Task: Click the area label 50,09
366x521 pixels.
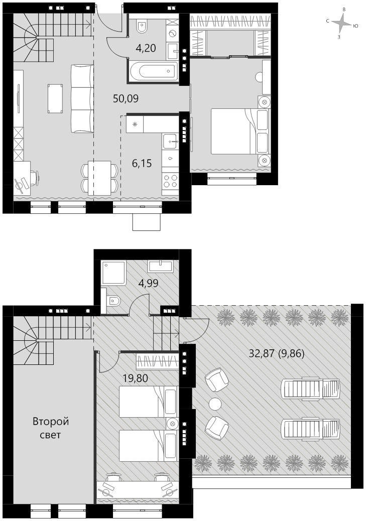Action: tap(126, 99)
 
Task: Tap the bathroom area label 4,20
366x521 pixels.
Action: tap(146, 49)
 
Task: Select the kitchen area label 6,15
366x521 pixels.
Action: tap(142, 163)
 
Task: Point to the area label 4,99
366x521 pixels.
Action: tap(148, 284)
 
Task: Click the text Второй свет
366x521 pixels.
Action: tap(51, 428)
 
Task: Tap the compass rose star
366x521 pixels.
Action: tap(341, 24)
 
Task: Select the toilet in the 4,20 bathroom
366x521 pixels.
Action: tap(142, 26)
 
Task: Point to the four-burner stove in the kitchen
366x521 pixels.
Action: tap(171, 181)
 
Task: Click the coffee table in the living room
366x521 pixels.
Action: tap(56, 98)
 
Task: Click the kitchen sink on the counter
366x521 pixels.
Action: tap(171, 141)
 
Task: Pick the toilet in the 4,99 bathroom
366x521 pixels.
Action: tap(112, 301)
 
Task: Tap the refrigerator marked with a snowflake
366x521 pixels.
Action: tap(135, 124)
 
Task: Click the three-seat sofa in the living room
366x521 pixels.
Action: tap(82, 99)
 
